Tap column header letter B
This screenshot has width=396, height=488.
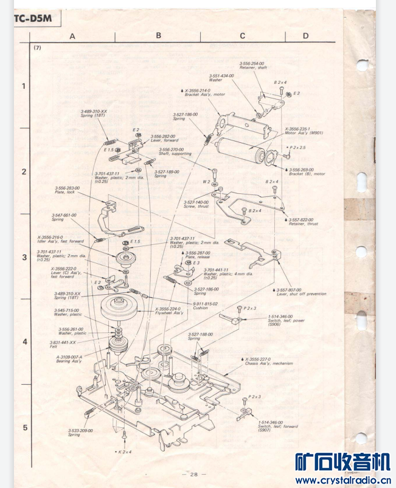(158, 35)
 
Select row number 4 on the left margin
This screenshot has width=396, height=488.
(24, 342)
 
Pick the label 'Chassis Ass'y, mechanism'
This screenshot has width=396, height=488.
(269, 363)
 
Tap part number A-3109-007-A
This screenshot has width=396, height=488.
(69, 357)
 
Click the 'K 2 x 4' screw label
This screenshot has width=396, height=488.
(123, 452)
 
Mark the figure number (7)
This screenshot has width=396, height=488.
(38, 48)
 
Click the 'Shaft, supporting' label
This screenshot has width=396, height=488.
(175, 154)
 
